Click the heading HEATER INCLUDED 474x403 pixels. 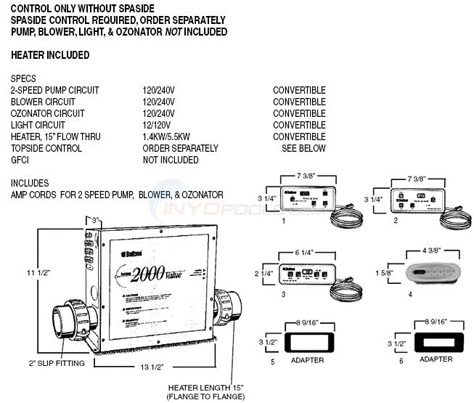(50, 55)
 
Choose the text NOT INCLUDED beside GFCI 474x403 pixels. (171, 160)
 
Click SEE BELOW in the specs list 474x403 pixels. (303, 148)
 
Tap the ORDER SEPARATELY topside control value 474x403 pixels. (180, 148)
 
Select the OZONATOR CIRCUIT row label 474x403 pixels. (48, 113)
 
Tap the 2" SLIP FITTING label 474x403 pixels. (56, 363)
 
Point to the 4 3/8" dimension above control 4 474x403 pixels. (432, 251)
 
